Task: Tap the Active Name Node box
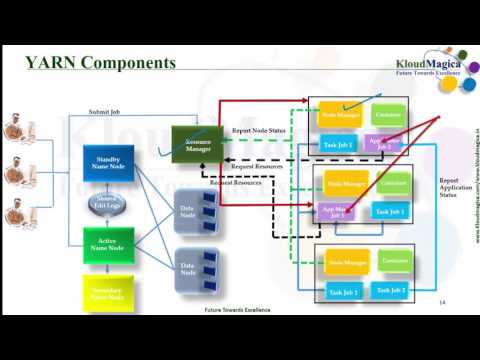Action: (x=108, y=245)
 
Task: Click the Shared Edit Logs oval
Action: (x=108, y=204)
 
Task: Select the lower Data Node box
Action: (x=195, y=268)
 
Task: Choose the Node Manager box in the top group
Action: (x=341, y=116)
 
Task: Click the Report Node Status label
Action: (x=259, y=131)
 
